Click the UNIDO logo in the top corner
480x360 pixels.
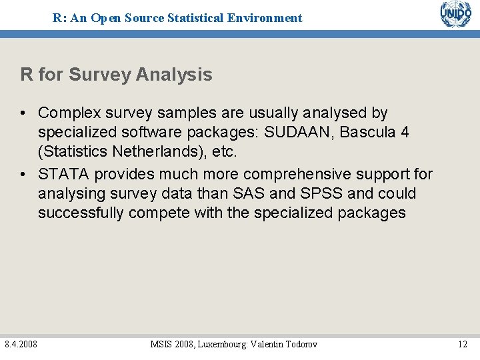pos(455,14)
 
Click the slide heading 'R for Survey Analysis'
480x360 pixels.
pos(116,75)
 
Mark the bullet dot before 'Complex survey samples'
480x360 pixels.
pos(24,113)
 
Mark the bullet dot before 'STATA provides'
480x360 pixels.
pos(24,175)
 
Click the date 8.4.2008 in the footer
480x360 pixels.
pos(21,344)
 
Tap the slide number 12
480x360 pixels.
pos(462,344)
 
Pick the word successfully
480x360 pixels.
pos(81,213)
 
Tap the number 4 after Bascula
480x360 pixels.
pos(405,132)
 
